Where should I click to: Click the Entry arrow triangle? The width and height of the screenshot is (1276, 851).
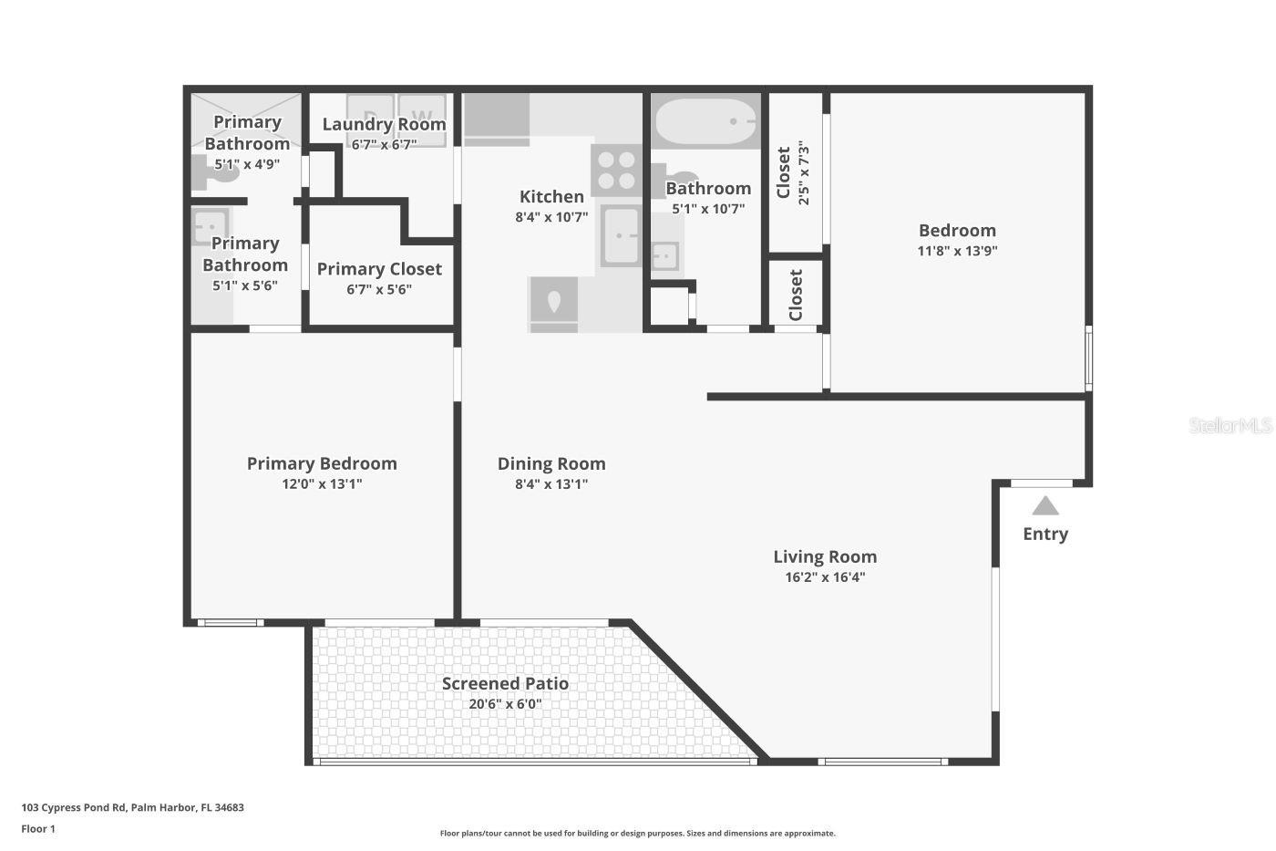pos(1044,506)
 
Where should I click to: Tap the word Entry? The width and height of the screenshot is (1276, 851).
pos(1044,534)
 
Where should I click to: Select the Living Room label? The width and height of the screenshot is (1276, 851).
pos(825,556)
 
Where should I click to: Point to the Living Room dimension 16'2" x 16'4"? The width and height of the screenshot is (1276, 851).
pos(825,577)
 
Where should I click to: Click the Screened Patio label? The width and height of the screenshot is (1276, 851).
pos(505,683)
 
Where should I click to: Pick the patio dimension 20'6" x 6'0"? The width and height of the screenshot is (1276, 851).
pos(505,704)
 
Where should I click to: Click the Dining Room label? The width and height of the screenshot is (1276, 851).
pos(551,463)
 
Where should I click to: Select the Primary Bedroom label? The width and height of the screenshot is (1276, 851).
pos(322,463)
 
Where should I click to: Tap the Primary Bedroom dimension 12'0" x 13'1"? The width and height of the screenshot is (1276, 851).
pos(322,484)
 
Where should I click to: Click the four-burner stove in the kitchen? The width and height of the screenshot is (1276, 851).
pos(616,171)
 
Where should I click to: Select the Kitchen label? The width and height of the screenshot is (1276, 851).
pos(551,196)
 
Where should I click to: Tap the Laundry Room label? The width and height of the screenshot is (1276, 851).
pos(384,124)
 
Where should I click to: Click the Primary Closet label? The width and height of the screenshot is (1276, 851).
pos(379,269)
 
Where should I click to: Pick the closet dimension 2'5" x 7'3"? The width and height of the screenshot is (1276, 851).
pos(803,172)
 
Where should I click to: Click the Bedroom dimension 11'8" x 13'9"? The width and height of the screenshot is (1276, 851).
pos(957,251)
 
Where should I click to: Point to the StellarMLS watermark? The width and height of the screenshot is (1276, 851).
pos(1230,425)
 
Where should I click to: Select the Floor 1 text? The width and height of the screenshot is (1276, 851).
pos(38,829)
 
